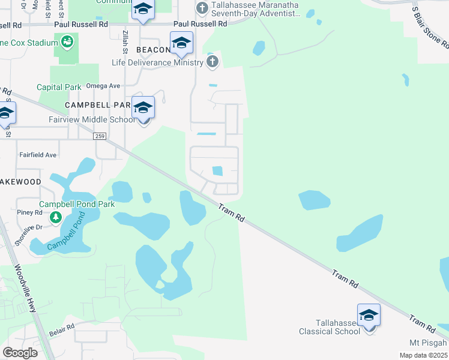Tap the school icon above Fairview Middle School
pyautogui.click(x=143, y=108)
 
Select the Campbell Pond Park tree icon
pyautogui.click(x=56, y=217)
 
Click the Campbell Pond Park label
pyautogui.click(x=77, y=204)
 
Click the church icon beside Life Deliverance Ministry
pyautogui.click(x=212, y=62)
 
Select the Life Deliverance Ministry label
pyautogui.click(x=158, y=62)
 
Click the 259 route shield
pyautogui.click(x=100, y=137)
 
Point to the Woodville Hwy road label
pyautogui.click(x=26, y=288)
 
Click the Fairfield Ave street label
pyautogui.click(x=37, y=155)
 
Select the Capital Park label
pyautogui.click(x=59, y=87)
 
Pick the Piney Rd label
pyautogui.click(x=29, y=212)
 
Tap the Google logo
pyautogui.click(x=20, y=353)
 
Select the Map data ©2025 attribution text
pyautogui.click(x=423, y=355)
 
